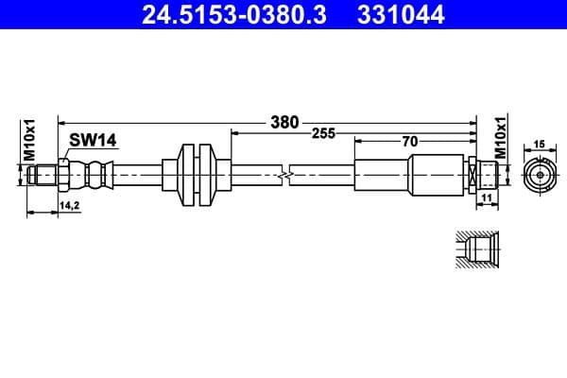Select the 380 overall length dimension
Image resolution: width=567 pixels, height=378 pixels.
[283, 122]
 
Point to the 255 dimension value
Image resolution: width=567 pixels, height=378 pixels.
[324, 134]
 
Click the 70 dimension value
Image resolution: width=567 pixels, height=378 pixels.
[408, 142]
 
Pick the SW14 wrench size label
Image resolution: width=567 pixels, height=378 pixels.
[92, 140]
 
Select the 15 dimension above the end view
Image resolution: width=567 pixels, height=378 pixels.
[541, 144]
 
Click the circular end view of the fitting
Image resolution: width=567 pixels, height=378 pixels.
[540, 175]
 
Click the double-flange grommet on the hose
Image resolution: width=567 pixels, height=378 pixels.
[196, 174]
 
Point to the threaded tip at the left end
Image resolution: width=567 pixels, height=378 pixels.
[39, 175]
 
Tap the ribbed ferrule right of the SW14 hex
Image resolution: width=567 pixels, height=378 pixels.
[93, 175]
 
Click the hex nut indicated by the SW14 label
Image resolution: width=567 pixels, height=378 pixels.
[61, 175]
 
